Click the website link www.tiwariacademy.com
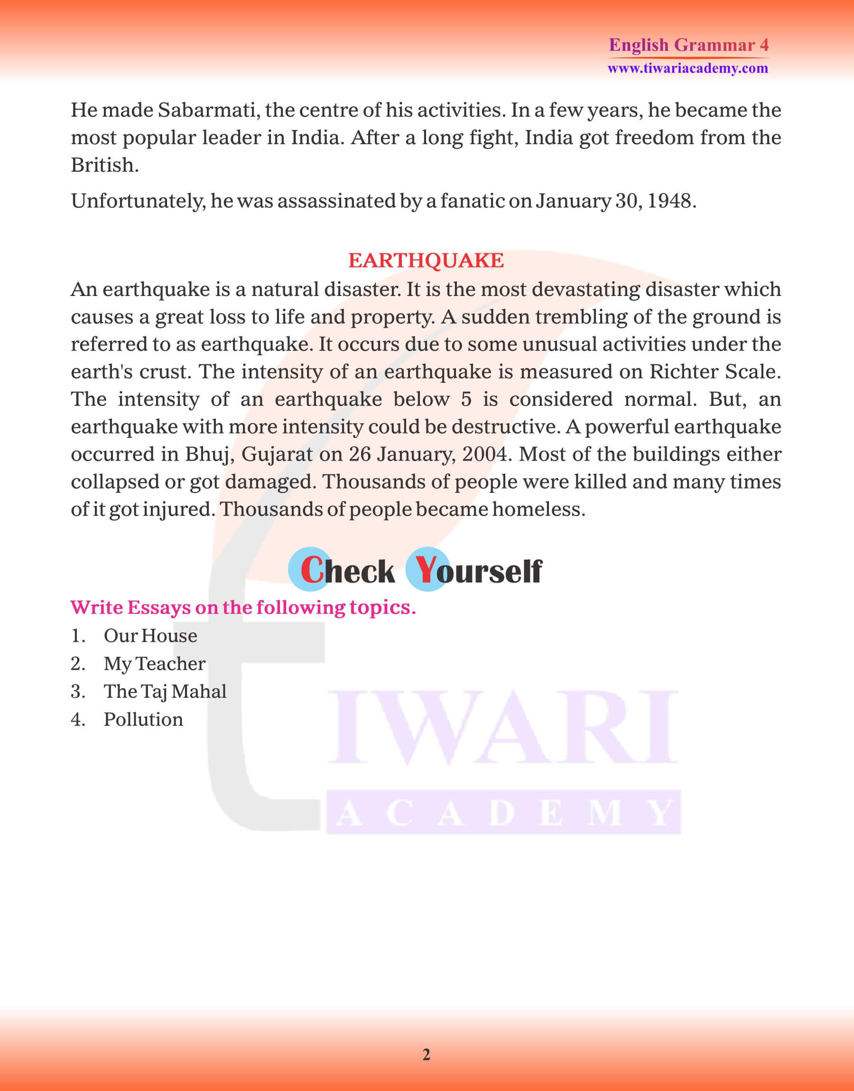tap(687, 68)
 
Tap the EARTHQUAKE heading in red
tap(426, 260)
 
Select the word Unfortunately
tap(138, 201)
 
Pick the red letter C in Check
tap(312, 570)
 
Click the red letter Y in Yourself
tap(426, 570)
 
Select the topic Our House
tap(150, 636)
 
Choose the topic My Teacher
tap(154, 664)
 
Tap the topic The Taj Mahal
tap(165, 692)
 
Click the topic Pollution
tap(143, 720)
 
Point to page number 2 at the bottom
tap(426, 1055)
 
